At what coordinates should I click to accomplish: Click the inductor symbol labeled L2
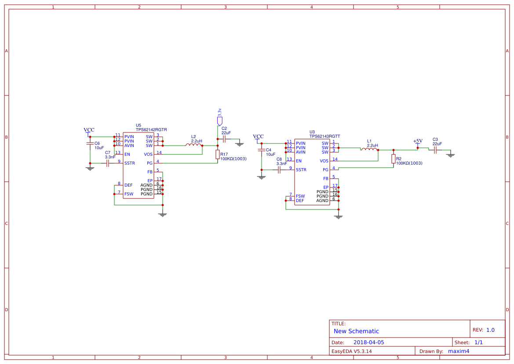point(194,145)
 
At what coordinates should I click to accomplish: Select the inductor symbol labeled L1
point(369,149)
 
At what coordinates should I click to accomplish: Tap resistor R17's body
point(218,154)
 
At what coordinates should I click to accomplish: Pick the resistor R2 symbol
point(394,158)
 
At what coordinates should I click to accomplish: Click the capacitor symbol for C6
point(90,143)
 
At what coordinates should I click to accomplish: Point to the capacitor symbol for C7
point(108,163)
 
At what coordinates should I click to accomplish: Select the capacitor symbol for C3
point(435,150)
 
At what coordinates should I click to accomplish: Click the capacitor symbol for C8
point(279,169)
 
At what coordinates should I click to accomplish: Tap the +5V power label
point(418,141)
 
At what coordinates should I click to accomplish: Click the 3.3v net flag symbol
point(219,120)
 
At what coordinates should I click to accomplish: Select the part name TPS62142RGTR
point(151,130)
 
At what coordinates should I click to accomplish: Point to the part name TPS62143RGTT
point(324,136)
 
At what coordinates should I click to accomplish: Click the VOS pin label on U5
point(148,154)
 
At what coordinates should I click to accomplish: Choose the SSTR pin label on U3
point(301,170)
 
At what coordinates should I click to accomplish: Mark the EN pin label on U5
point(127,154)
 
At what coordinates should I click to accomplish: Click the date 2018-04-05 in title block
point(368,342)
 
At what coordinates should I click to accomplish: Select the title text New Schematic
point(356,331)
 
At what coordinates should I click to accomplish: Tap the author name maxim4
point(459,351)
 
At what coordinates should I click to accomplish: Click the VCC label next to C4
point(258,136)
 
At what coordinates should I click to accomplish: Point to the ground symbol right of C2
point(240,144)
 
